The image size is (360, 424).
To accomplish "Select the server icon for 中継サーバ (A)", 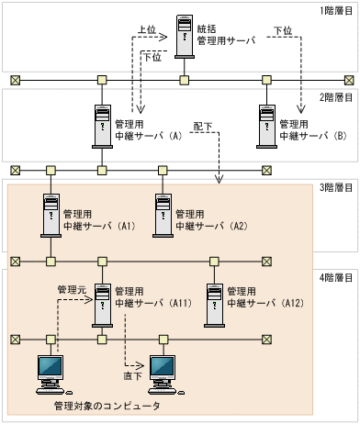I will point(101,127).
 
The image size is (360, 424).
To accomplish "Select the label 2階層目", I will point(336,97).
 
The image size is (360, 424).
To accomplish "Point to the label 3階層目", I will point(336,187).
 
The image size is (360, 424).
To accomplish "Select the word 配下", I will point(203,124).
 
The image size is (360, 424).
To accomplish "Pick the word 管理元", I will point(71,287).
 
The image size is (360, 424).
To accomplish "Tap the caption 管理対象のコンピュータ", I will point(107,405).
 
